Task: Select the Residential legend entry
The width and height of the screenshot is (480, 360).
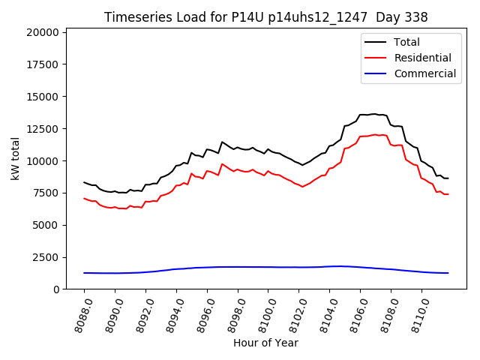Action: coord(422,58)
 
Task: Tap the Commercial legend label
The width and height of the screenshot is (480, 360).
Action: coord(424,73)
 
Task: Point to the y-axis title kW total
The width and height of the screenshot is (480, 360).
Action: coord(15,158)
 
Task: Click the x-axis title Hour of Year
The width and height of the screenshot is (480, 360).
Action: coord(265,343)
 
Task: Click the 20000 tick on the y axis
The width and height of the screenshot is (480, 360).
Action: coord(40,33)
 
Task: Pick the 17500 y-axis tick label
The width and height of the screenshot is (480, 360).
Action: coord(40,65)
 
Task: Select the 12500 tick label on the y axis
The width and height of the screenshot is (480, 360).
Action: coord(40,129)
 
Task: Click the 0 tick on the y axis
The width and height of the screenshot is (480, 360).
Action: coord(56,289)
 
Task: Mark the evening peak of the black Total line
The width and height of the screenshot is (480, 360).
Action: coord(374,114)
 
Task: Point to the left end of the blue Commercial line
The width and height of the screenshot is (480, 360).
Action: coord(84,273)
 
